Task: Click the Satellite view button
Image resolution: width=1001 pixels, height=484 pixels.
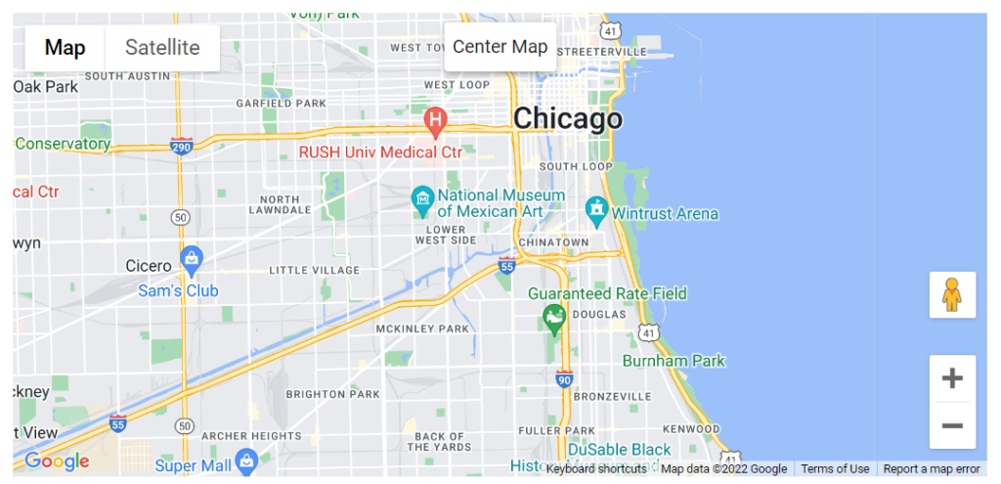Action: (162, 47)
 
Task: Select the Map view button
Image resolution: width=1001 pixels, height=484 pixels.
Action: (65, 47)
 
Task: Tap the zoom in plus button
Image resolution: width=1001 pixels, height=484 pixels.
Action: (952, 378)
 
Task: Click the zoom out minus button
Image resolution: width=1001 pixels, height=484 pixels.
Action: (952, 425)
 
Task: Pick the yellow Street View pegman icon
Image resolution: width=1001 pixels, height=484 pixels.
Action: (952, 294)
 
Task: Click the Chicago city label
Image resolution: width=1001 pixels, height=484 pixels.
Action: (567, 118)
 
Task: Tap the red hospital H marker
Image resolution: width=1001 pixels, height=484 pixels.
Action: (436, 121)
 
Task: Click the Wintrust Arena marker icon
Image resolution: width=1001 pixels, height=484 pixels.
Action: (596, 208)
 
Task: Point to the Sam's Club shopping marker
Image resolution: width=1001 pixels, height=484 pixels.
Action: (192, 260)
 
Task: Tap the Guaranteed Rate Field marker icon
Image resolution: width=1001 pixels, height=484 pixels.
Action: (554, 317)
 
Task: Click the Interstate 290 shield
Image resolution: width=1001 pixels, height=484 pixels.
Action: (181, 146)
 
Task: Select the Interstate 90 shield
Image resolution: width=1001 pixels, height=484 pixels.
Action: (564, 377)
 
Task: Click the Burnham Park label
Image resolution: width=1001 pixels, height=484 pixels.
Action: (674, 361)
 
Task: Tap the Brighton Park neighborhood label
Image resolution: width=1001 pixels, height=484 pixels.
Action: (332, 394)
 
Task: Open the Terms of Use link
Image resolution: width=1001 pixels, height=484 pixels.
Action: (835, 469)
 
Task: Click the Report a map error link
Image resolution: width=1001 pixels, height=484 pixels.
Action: (931, 469)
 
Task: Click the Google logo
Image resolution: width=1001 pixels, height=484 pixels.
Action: (57, 462)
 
